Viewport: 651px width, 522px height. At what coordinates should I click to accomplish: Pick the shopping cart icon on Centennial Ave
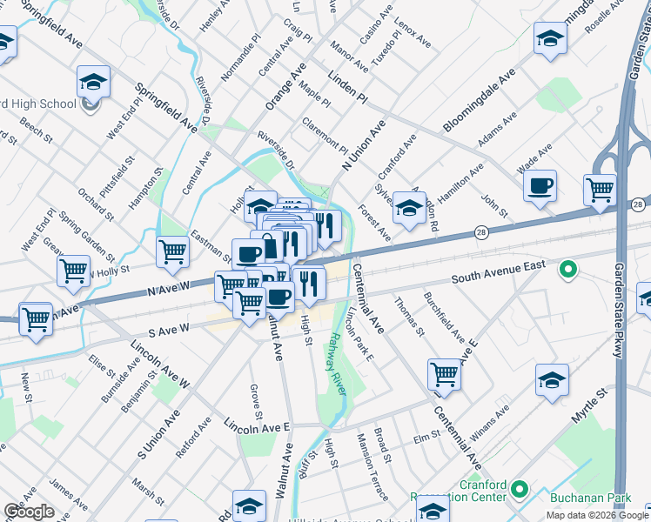[x=444, y=375]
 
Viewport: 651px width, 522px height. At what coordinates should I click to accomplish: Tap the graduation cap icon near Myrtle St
[x=552, y=381]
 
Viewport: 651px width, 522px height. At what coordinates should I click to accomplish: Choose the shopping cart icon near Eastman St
[x=173, y=252]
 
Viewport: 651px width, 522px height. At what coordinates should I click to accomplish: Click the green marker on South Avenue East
[x=568, y=271]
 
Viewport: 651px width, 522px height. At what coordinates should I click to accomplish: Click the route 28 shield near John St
[x=480, y=232]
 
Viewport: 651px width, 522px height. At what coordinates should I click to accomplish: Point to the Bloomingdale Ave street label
[x=479, y=102]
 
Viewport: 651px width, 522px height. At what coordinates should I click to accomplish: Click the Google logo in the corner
[x=29, y=511]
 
